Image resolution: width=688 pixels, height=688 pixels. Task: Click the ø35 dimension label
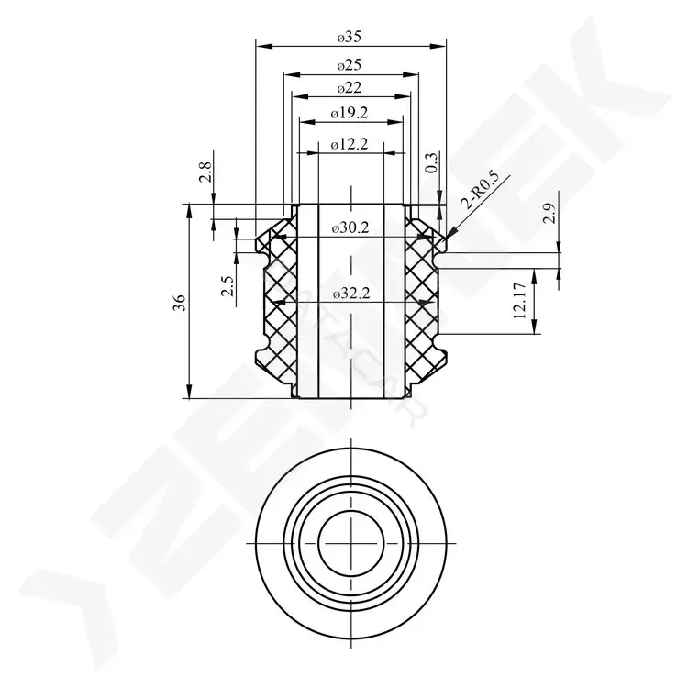[x=350, y=37]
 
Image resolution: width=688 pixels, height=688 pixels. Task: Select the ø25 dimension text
[x=350, y=65]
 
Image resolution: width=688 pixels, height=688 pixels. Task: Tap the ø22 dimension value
[x=350, y=88]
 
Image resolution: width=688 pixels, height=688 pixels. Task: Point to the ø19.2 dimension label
[x=350, y=113]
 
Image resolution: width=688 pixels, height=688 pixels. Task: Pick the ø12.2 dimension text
[x=350, y=143]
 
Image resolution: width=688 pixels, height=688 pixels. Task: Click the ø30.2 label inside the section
[x=350, y=227]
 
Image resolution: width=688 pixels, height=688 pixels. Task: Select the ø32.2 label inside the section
[x=351, y=294]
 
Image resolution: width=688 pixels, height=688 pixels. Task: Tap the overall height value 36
[x=180, y=303]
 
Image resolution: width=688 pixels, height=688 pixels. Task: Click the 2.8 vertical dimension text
[x=205, y=172]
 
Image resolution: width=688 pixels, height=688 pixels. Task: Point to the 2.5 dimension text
[x=227, y=286]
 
